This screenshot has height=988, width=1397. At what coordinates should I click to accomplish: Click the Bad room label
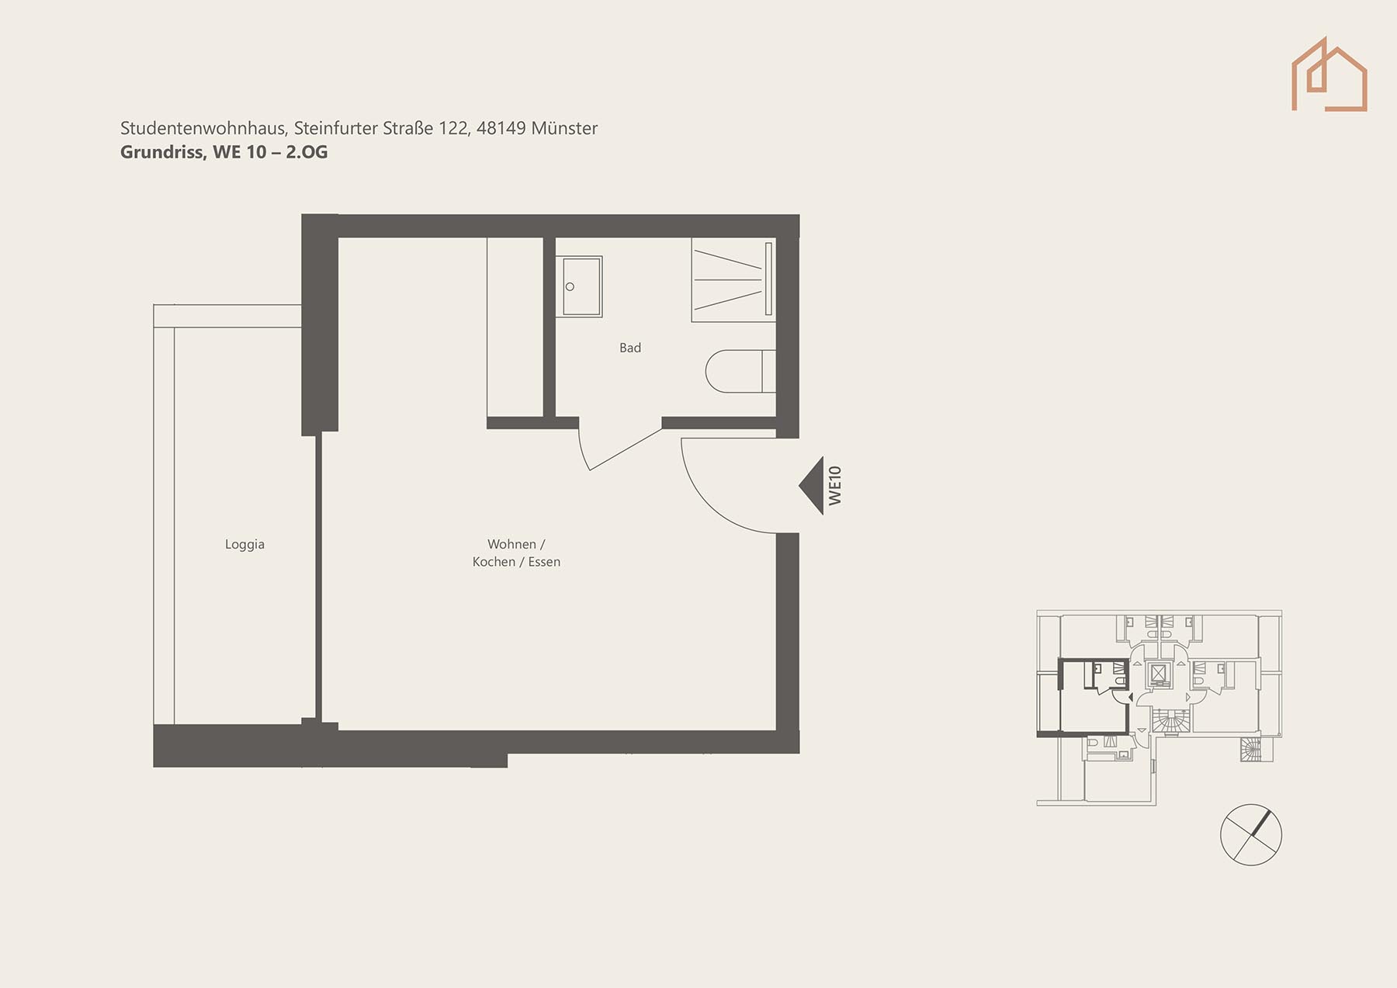(x=630, y=348)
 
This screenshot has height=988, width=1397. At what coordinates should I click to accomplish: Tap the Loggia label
(x=244, y=545)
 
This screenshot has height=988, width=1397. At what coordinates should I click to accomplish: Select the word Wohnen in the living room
(x=511, y=544)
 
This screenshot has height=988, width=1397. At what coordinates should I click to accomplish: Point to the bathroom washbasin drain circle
(x=570, y=287)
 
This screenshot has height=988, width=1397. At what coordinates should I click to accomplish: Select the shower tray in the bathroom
(x=733, y=279)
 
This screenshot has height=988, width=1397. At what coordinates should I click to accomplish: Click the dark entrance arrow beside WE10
(x=812, y=486)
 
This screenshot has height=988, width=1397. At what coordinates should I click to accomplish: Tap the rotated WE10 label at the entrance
(x=835, y=486)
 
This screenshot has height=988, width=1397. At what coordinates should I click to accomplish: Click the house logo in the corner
(x=1329, y=75)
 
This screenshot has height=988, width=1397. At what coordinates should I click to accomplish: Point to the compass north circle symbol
(x=1251, y=835)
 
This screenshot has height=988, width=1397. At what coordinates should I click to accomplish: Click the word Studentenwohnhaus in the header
(x=204, y=128)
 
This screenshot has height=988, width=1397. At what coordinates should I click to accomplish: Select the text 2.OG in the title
(x=307, y=152)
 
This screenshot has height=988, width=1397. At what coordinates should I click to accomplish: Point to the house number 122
(x=454, y=128)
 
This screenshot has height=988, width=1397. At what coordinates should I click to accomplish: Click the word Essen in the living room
(x=544, y=562)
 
